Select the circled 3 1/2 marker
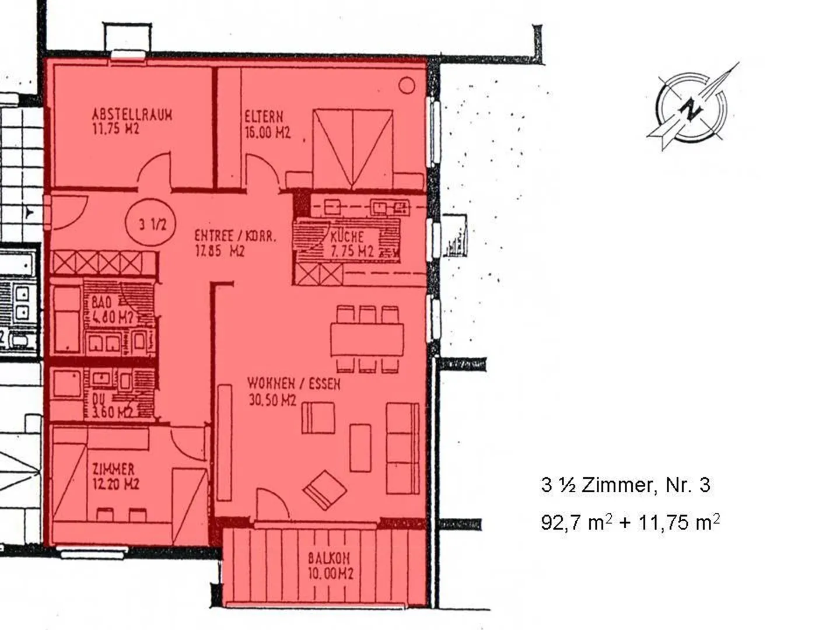click(153, 223)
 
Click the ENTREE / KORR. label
click(235, 243)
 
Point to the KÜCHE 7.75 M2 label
click(351, 244)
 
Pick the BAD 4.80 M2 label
click(112, 310)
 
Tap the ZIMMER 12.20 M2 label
click(115, 476)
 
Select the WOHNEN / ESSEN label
click(293, 391)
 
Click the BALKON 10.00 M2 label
click(330, 565)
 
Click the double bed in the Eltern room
click(353, 148)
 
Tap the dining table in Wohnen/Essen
click(367, 339)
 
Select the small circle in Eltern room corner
click(407, 86)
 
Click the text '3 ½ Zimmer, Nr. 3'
click(625, 485)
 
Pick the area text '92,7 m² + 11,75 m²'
click(629, 521)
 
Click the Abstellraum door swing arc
click(153, 170)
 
